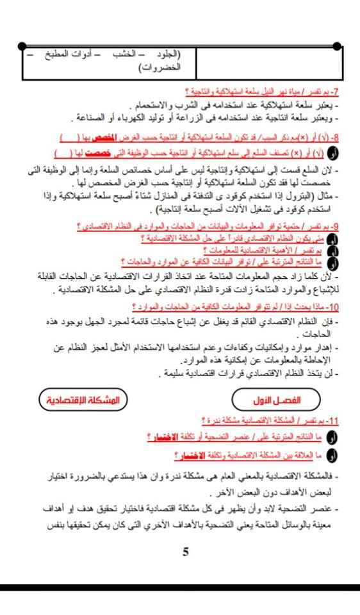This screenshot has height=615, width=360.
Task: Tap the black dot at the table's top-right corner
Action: pos(347,46)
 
